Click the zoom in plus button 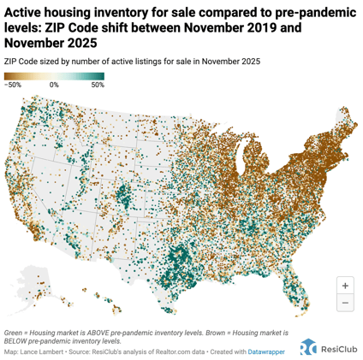coord(345,286)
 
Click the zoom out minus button coord(345,303)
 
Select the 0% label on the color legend coord(53,86)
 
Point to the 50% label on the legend coord(97,86)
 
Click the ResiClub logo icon coord(308,346)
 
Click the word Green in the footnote coord(14,330)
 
